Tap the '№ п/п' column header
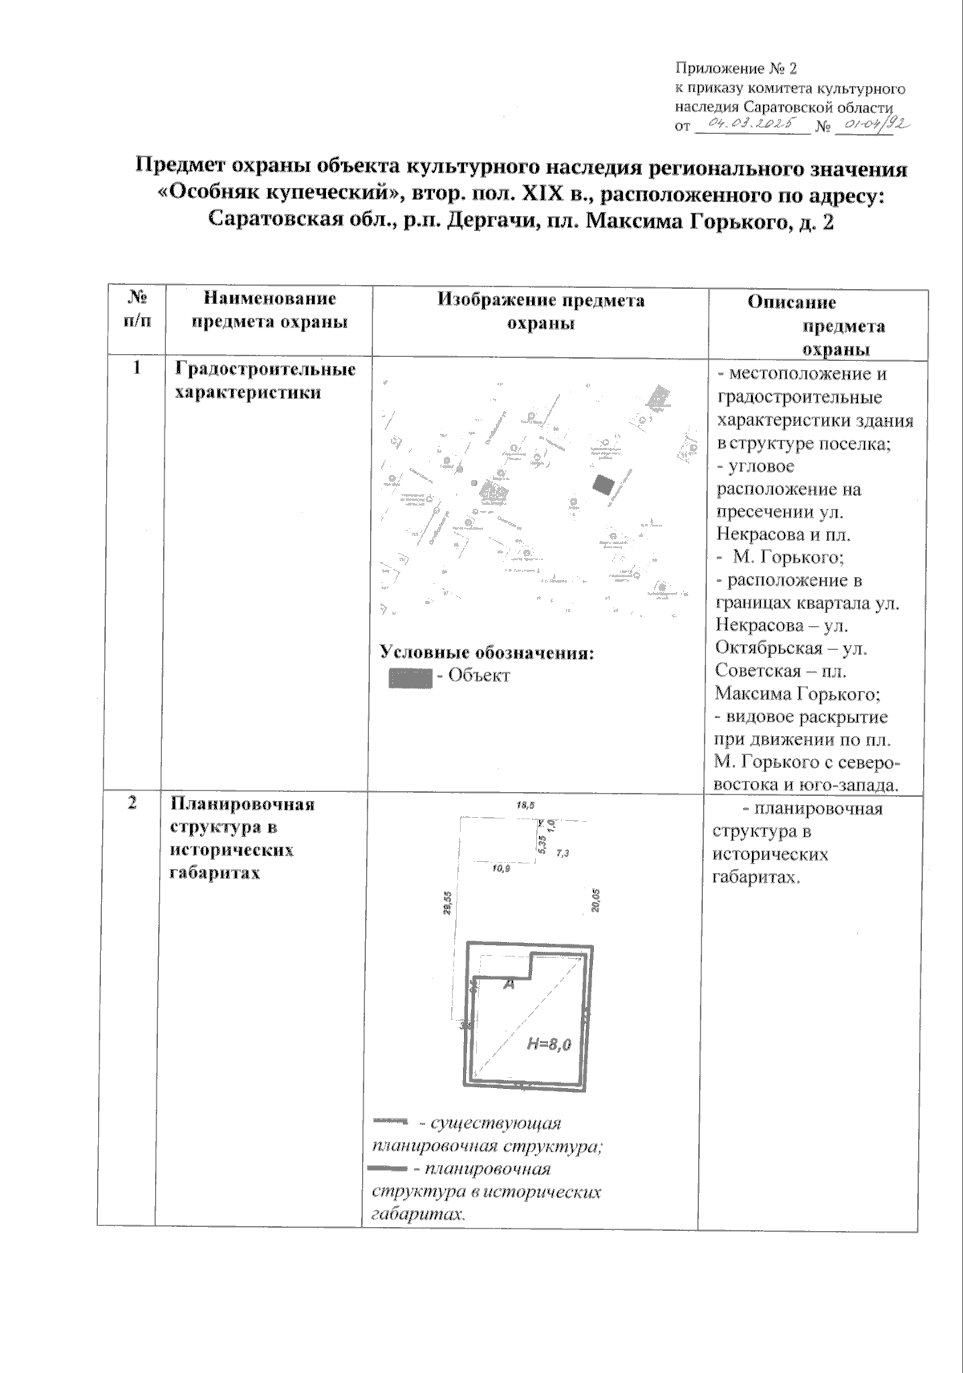tap(136, 309)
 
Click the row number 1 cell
tap(136, 368)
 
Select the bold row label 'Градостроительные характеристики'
tap(265, 380)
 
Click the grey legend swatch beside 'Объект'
tap(410, 676)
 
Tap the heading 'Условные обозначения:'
tap(486, 652)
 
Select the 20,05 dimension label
tap(595, 900)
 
